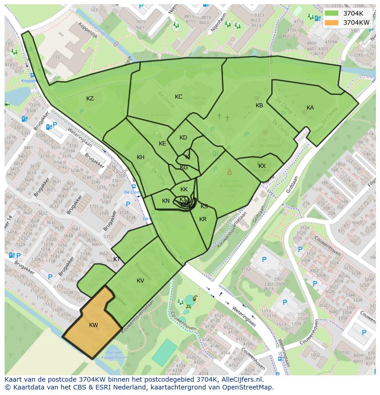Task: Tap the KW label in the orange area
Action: [94, 325]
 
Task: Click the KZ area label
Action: [90, 99]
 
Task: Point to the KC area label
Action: [179, 97]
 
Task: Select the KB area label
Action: [259, 106]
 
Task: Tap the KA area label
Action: [310, 108]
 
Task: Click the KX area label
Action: [262, 166]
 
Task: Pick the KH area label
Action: [140, 157]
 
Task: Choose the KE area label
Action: [162, 144]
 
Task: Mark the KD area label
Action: [183, 138]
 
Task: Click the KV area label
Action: [140, 281]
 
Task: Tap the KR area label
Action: [203, 219]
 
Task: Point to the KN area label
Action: [166, 201]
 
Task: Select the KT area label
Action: [117, 259]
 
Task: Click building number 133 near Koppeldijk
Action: [56, 57]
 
